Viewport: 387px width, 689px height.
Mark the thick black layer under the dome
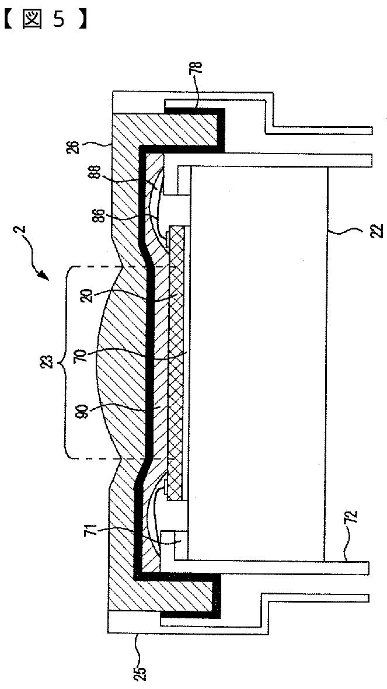tap(151, 362)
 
